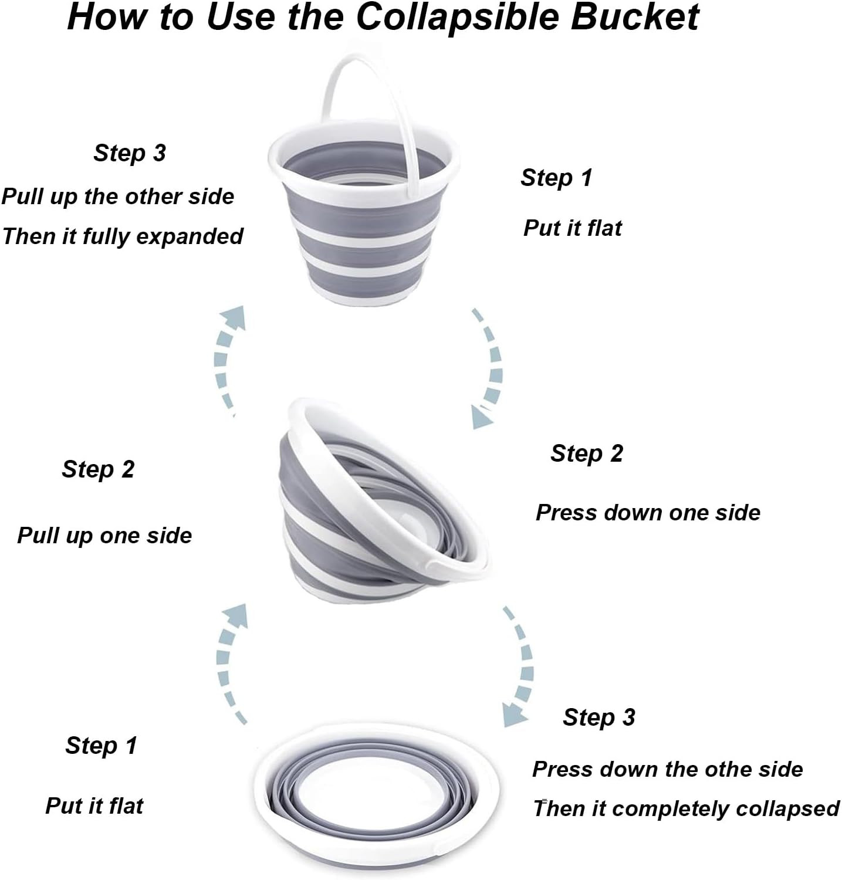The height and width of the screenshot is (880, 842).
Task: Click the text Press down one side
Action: coord(648,513)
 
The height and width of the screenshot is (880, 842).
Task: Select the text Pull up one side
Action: coord(104,536)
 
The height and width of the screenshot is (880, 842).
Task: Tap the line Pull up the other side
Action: coord(117,197)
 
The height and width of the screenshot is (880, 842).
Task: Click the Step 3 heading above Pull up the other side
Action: coord(130,153)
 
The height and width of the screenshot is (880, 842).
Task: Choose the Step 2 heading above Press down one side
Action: coord(587,453)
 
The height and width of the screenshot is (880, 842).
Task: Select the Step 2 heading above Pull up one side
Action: coord(98,469)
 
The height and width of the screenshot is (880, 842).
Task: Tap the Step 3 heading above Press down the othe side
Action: coord(599,717)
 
